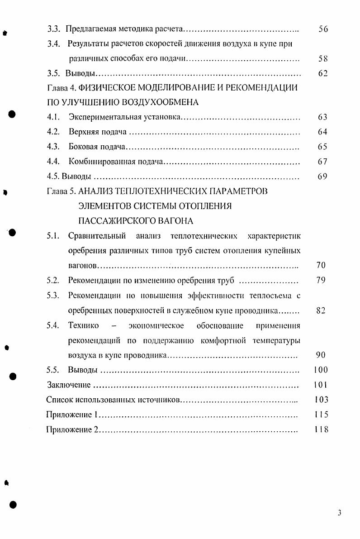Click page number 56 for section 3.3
coord(322,29)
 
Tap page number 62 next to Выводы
coord(322,73)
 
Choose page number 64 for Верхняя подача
coord(322,132)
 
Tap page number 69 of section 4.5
coord(322,176)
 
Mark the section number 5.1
coord(54,236)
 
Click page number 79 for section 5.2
coord(321,280)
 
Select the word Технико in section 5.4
coord(84,326)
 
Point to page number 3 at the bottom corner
coord(340,512)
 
